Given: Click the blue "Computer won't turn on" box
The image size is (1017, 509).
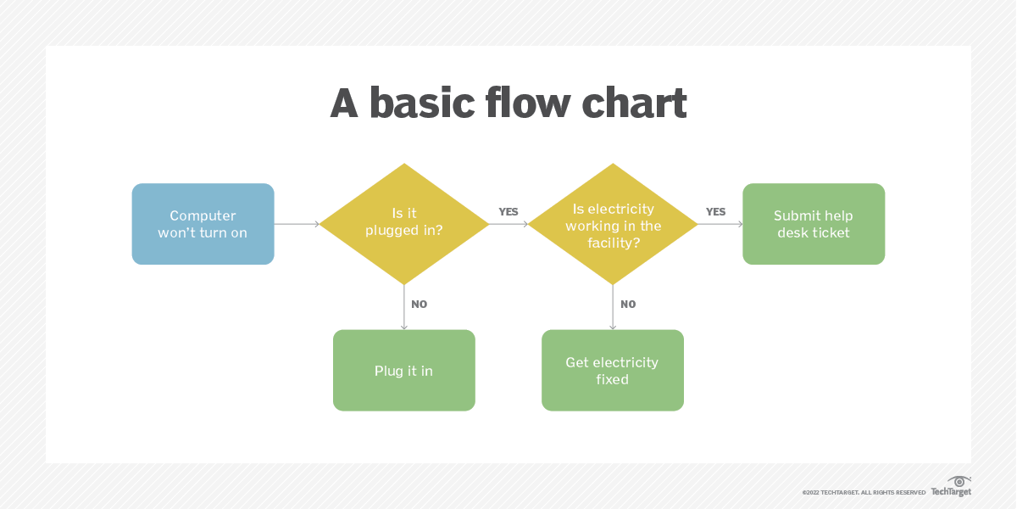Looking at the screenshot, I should (203, 224).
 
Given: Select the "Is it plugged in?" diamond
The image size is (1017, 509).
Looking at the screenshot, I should (404, 224).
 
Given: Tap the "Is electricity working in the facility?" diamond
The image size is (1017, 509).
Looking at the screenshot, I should (613, 224).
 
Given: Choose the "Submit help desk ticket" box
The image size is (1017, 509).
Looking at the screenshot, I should (814, 224).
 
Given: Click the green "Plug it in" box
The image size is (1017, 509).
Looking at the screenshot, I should (403, 371).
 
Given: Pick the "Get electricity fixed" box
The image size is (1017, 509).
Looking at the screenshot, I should (612, 371).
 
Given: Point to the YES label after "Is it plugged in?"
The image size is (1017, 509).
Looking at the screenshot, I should (508, 212).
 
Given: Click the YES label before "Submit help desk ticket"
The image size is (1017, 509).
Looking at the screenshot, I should (716, 212).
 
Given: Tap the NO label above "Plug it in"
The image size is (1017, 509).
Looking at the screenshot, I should (420, 305).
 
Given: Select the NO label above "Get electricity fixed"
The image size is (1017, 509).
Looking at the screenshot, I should (628, 305).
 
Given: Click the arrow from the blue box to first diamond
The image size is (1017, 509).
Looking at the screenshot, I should (297, 224).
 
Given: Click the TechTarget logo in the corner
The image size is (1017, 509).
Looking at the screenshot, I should (952, 487).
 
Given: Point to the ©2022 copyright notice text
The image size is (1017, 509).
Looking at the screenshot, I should (864, 492).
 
